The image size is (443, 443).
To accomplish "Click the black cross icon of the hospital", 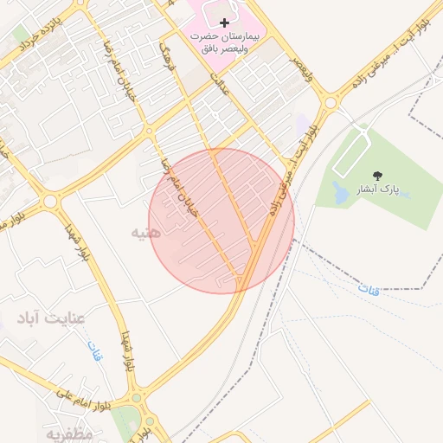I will pos(224,22).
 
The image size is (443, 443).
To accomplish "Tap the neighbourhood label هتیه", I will pos(146,234).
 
